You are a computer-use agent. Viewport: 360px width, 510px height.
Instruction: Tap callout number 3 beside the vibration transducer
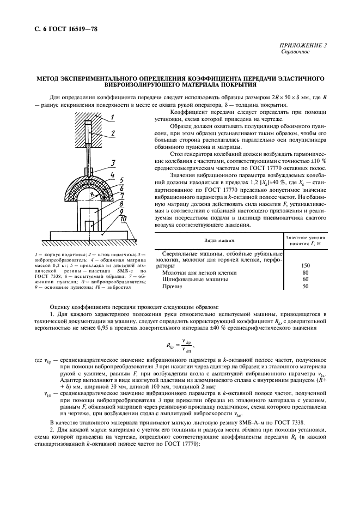[112, 163]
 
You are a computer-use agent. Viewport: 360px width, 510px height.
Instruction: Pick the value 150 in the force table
[305, 265]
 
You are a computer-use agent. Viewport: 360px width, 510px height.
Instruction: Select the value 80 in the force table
[305, 272]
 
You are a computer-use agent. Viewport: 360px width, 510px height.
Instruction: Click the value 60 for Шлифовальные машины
[305, 279]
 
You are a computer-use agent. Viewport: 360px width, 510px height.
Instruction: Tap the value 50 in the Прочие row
[305, 286]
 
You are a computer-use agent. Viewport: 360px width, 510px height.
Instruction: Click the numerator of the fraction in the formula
[187, 341]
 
